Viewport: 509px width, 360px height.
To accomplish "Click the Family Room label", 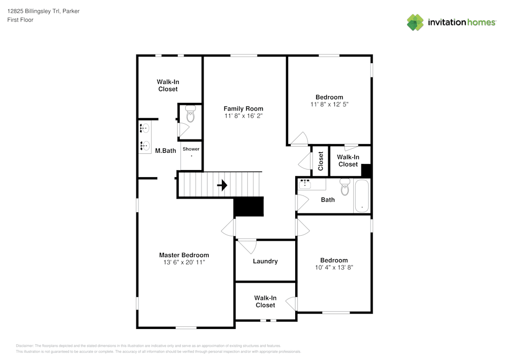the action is click(243, 109).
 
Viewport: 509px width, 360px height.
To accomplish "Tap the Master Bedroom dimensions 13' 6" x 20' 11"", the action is click(184, 262).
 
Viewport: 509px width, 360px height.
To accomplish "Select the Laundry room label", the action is click(265, 261).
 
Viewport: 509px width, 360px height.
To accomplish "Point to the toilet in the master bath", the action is click(190, 113).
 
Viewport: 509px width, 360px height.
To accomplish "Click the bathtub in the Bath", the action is click(361, 196).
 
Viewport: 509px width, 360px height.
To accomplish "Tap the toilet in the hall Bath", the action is click(345, 187).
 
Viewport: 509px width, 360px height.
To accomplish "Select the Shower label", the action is click(191, 149).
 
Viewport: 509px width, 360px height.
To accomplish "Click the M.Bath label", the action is click(165, 151).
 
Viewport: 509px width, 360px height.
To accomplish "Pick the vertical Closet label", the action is click(321, 161).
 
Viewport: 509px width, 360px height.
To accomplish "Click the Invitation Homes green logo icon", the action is click(415, 22).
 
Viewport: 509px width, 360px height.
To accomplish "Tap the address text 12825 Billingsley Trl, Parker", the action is click(43, 11).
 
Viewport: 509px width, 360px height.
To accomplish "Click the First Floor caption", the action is click(20, 20).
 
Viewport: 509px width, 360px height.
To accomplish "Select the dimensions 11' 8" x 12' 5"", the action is click(329, 104).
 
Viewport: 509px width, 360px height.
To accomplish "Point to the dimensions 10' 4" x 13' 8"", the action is click(334, 267).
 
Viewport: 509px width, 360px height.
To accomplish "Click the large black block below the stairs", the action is click(249, 206).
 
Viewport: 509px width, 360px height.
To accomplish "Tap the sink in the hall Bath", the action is click(305, 184).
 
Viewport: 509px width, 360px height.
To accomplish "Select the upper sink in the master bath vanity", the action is click(145, 128).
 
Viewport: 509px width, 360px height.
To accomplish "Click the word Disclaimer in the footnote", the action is click(24, 346).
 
